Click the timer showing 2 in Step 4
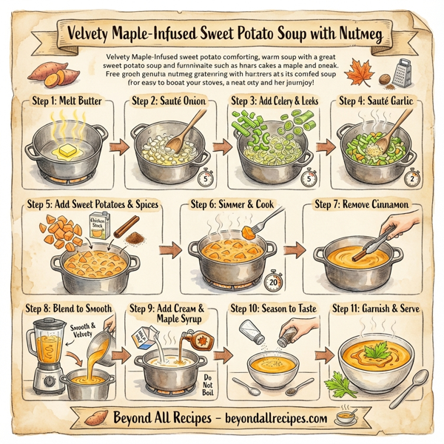(411, 175)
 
